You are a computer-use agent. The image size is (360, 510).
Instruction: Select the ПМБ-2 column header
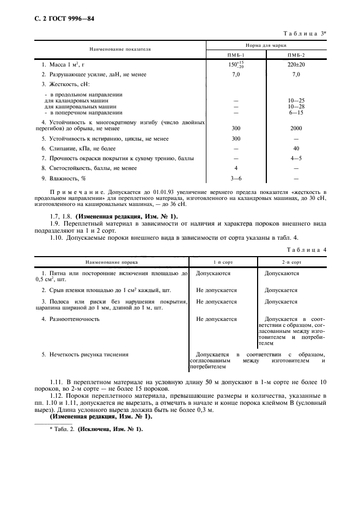[296, 56]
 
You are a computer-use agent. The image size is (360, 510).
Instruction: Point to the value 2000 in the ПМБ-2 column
[296, 129]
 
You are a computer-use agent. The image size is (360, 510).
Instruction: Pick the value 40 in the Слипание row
[296, 148]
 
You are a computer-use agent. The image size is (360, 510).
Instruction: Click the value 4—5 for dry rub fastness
[296, 159]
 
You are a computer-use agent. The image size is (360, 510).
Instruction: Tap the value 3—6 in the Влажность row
[236, 178]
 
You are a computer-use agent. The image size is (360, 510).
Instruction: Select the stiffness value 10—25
[296, 101]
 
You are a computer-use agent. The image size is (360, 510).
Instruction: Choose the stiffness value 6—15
[296, 112]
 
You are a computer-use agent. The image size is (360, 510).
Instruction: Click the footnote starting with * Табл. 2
[96, 429]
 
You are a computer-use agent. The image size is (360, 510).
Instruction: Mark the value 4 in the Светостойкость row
[236, 168]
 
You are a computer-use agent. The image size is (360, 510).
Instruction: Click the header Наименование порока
[112, 262]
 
